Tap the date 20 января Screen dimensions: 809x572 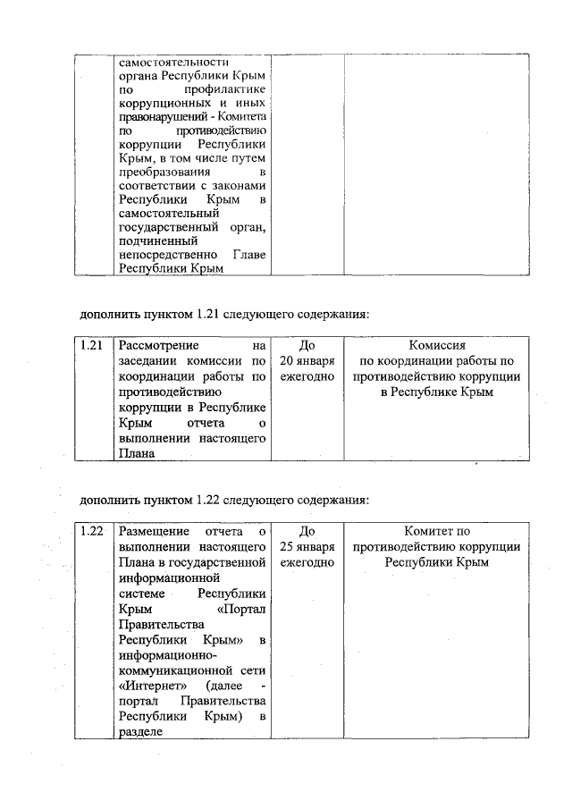307,360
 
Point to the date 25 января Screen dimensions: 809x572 307,546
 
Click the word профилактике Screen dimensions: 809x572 223,91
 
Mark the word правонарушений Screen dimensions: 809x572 159,117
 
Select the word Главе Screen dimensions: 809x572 248,253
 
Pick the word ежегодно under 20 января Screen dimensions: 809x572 307,376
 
